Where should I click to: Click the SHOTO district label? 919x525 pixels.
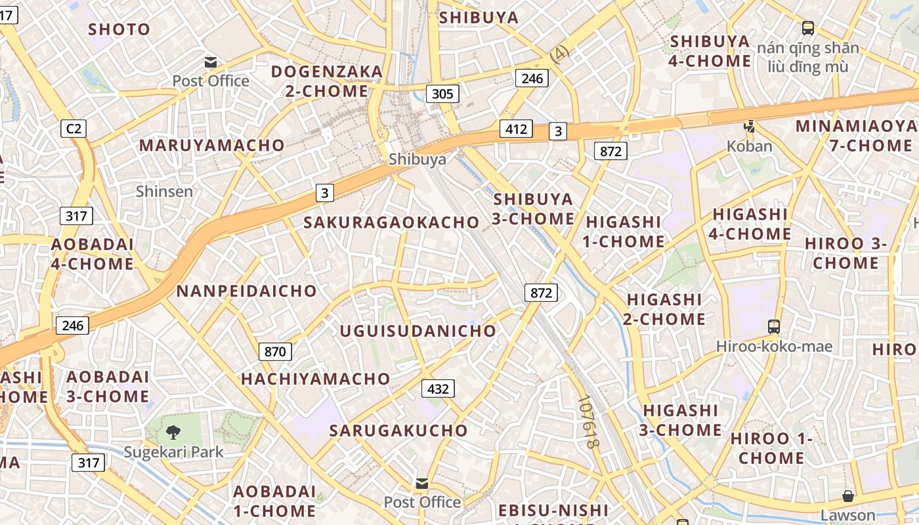[119, 29]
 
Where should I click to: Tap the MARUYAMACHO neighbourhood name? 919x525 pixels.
[211, 145]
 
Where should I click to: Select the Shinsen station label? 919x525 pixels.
[164, 191]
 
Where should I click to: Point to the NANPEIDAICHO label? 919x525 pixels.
[246, 291]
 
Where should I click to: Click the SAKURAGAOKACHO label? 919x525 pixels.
[391, 222]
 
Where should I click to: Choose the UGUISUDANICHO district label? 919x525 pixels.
[417, 331]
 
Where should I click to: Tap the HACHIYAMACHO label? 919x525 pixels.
[315, 379]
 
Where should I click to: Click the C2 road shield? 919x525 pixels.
[74, 129]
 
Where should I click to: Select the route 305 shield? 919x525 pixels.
[442, 94]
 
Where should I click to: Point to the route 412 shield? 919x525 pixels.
[515, 129]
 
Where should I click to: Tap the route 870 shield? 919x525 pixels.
[275, 352]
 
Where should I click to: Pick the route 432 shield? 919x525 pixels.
[438, 389]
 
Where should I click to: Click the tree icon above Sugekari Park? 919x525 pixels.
[173, 432]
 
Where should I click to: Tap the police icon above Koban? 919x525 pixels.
[749, 126]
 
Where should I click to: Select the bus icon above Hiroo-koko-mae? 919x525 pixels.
[774, 326]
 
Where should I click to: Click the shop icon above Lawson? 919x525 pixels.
[848, 496]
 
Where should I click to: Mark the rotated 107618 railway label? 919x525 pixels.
[589, 421]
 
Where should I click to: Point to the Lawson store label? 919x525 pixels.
[847, 515]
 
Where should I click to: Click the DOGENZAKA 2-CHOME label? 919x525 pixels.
[326, 81]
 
